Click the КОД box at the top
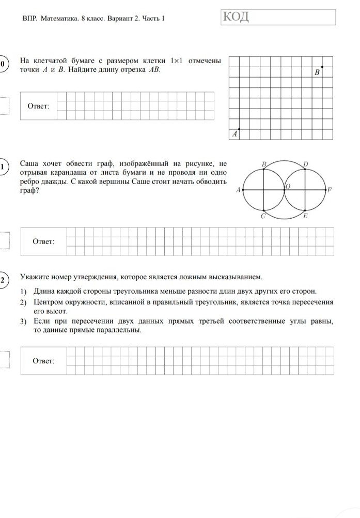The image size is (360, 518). click(278, 17)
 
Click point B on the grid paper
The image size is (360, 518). click(322, 67)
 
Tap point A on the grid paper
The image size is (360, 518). click(239, 129)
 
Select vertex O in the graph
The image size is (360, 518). click(284, 190)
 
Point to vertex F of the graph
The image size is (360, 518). click(325, 190)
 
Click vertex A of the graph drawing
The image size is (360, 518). click(243, 190)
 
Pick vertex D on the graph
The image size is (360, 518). click(305, 169)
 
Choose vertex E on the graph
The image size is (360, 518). click(305, 211)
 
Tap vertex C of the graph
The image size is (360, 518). click(263, 211)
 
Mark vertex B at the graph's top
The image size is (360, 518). click(263, 169)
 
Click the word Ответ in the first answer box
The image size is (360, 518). click(38, 106)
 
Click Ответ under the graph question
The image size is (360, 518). click(43, 241)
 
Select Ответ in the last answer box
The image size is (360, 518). click(43, 360)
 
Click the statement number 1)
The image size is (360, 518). click(24, 291)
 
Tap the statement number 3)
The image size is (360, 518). click(24, 322)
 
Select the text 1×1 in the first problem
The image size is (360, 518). click(177, 61)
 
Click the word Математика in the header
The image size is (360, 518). click(57, 18)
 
